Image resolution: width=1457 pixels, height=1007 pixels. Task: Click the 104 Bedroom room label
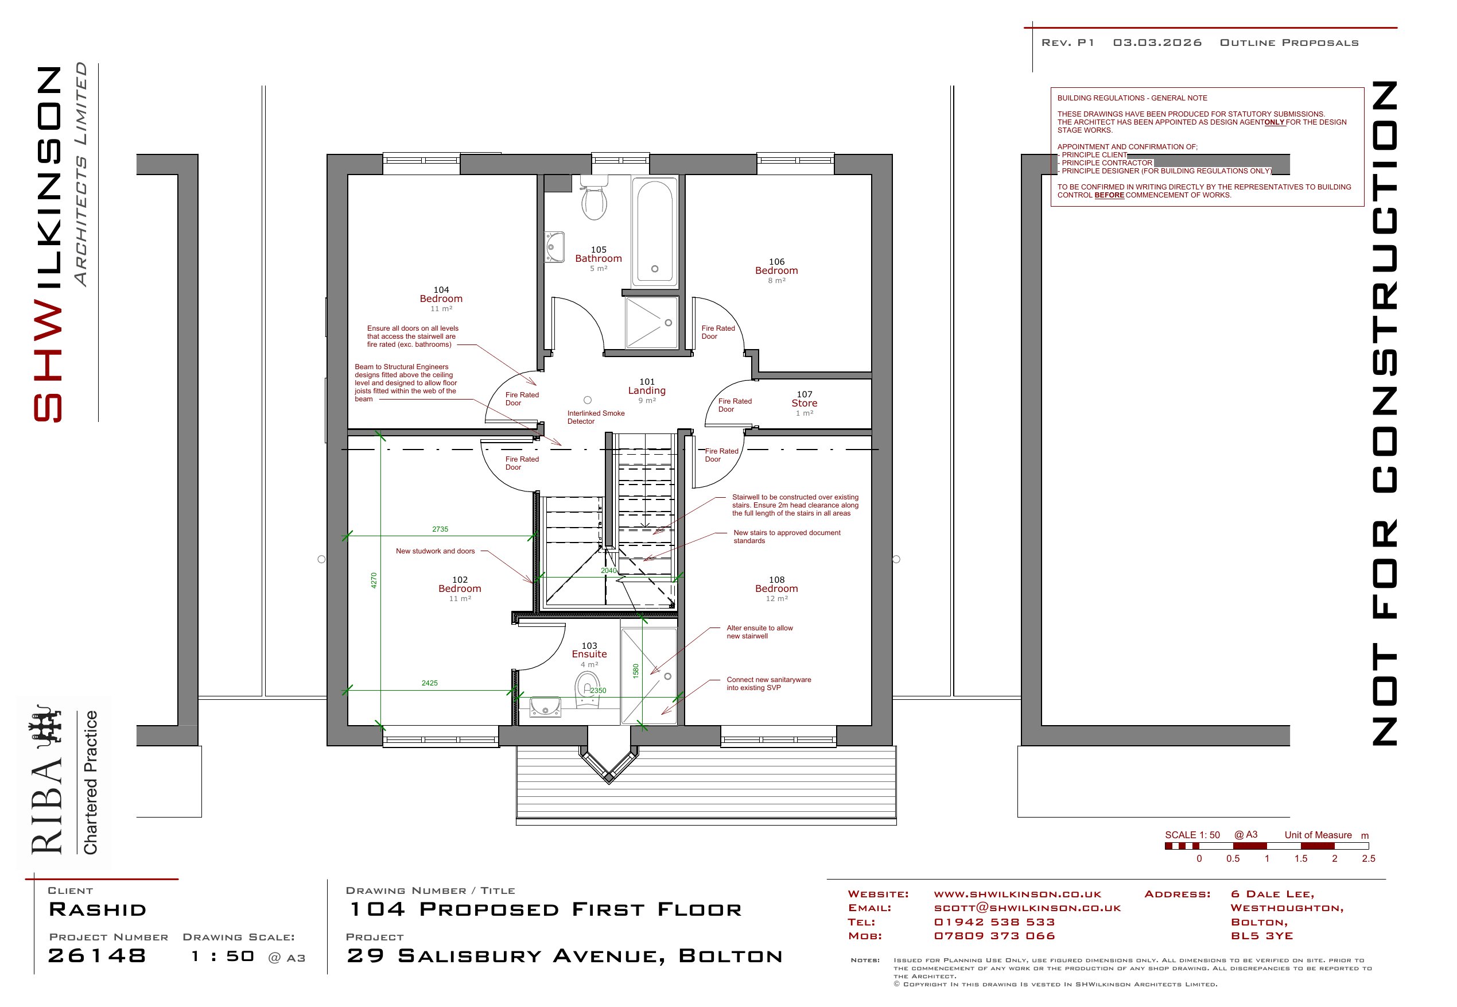(441, 299)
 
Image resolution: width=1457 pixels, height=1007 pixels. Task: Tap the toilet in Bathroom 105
(593, 197)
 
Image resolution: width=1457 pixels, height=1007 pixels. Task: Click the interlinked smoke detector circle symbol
(588, 400)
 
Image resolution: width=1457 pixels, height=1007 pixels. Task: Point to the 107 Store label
(805, 403)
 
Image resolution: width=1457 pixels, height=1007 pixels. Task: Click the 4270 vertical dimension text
(374, 580)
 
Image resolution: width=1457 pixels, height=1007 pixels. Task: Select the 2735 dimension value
(440, 529)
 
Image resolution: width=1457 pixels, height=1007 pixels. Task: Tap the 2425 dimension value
(429, 683)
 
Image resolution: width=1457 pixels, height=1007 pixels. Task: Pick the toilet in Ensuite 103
(588, 689)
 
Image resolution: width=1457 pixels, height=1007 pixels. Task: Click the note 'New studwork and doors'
(435, 552)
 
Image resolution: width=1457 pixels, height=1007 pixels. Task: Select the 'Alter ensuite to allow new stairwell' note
(759, 632)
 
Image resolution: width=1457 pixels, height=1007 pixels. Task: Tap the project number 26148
(97, 956)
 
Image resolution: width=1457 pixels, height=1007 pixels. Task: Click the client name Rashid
(98, 910)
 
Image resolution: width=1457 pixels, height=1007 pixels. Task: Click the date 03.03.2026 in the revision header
(1157, 43)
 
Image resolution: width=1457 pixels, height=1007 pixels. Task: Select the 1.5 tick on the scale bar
(1301, 859)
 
